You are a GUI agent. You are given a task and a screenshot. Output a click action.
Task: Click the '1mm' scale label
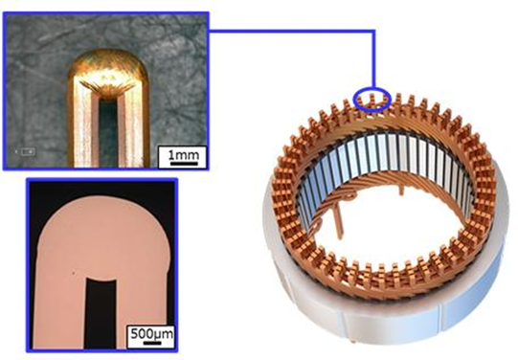[x=182, y=152]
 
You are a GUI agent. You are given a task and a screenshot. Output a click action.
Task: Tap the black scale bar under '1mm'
[x=182, y=162]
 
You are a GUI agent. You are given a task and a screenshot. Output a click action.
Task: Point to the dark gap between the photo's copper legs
[x=106, y=134]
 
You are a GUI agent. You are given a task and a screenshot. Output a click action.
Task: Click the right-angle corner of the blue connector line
[x=372, y=30]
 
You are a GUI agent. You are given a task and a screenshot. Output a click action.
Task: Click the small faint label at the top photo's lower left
[x=28, y=151]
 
